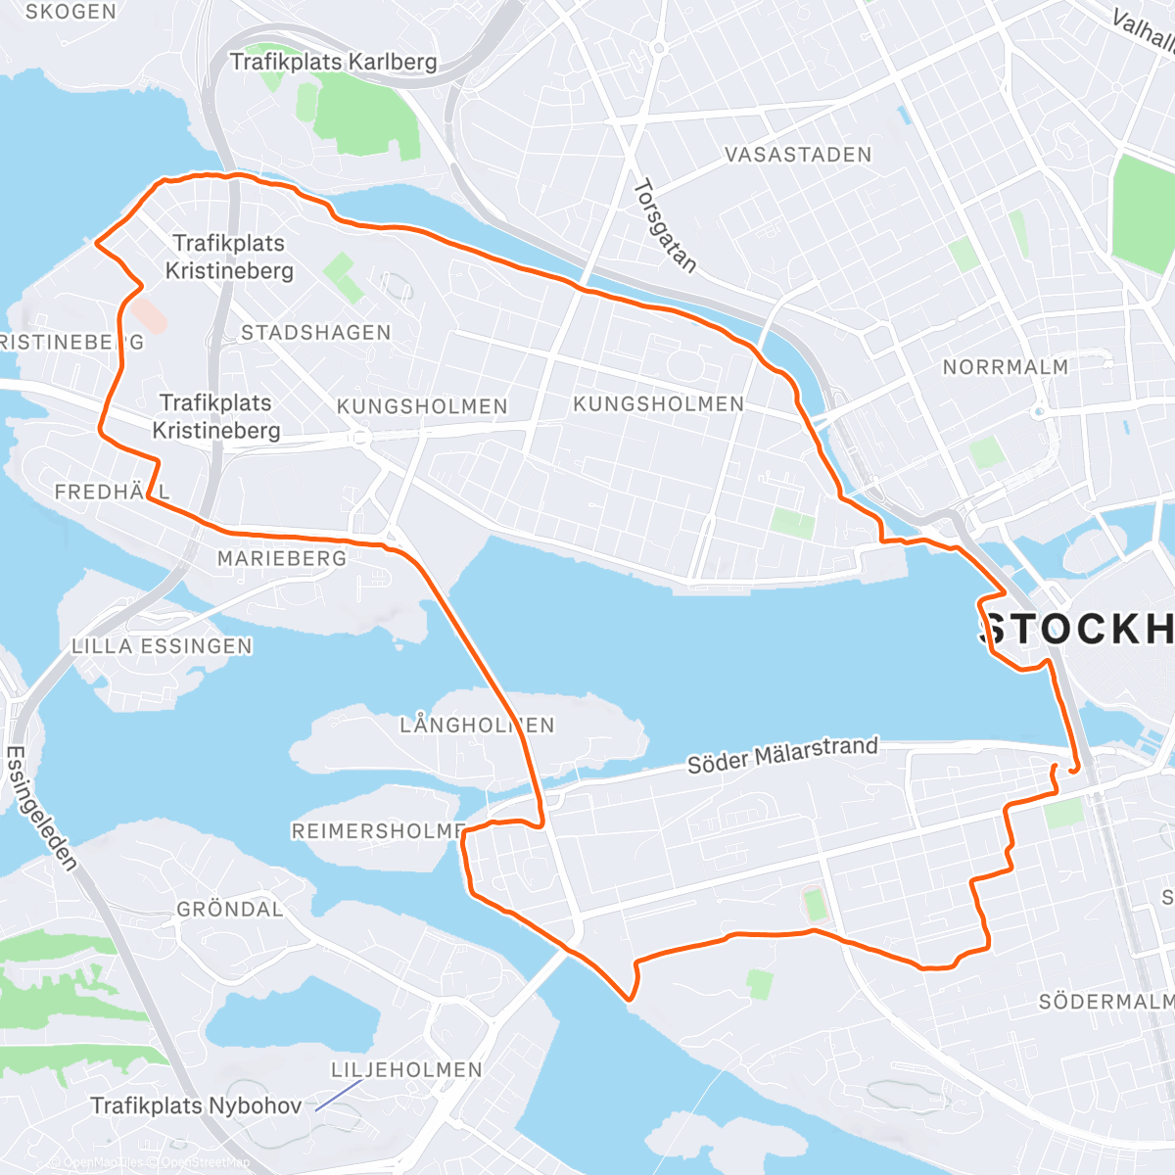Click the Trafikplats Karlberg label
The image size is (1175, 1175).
333,62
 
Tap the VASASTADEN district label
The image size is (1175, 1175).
797,155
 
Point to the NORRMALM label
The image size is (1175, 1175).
1005,367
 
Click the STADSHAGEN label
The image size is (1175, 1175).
316,333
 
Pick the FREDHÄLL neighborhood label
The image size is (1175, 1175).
112,492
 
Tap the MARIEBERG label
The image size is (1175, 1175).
282,558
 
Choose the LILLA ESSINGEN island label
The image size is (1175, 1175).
162,646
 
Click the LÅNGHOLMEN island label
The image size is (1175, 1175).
477,726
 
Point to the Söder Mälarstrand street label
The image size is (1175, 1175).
782,755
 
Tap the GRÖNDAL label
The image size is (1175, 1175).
230,909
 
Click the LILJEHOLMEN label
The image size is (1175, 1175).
406,1069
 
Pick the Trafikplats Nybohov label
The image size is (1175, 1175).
196,1105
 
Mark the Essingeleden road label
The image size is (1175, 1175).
41,809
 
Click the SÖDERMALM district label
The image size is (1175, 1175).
1105,1002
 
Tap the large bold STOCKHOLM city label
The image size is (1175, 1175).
1077,630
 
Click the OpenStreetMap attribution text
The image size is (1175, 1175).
205,1162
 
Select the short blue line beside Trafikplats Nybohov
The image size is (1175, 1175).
338,1096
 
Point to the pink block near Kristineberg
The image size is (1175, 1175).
149,315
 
